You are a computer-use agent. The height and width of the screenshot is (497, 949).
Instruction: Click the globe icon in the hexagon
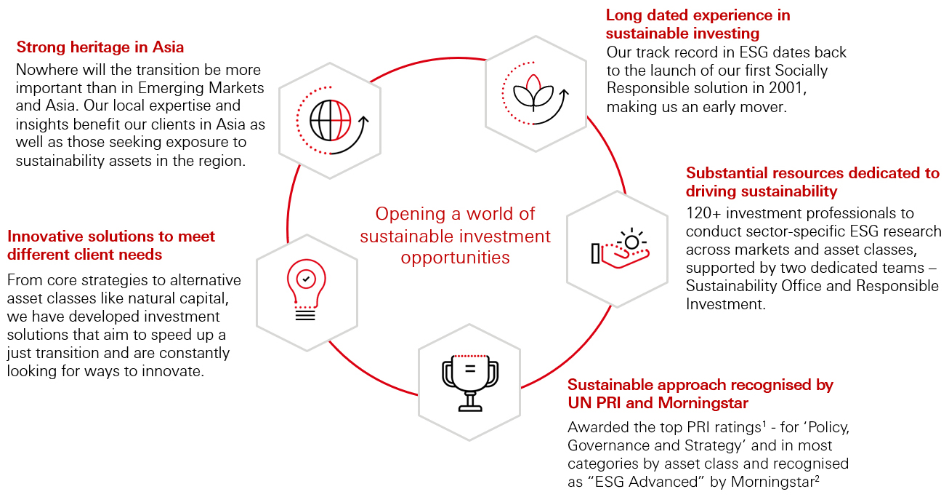point(331,121)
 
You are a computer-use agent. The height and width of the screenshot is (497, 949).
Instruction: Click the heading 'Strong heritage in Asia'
point(100,47)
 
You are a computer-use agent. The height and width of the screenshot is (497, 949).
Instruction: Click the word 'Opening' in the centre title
point(408,214)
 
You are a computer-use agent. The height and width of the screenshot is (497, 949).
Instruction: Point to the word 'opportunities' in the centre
point(456,258)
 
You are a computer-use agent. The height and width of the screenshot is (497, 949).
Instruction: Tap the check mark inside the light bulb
point(305,278)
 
